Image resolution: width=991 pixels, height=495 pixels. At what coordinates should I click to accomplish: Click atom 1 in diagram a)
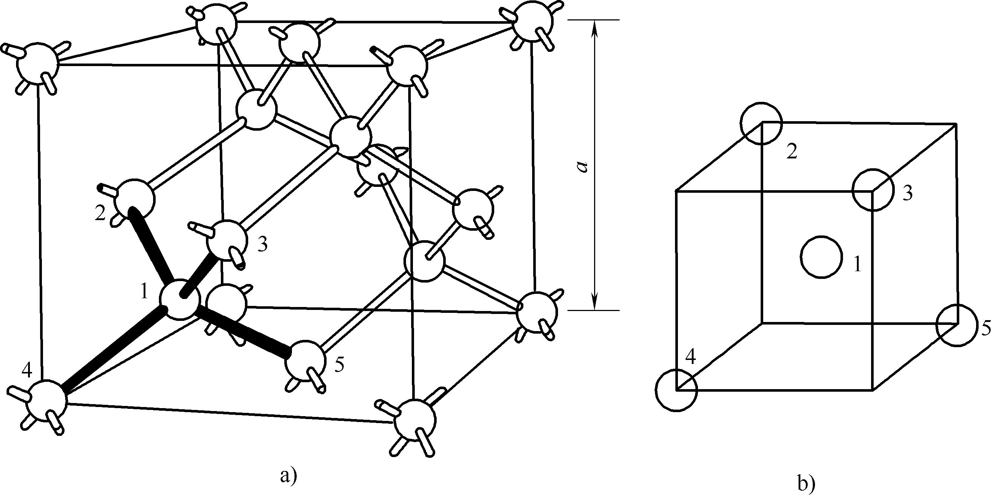(180, 299)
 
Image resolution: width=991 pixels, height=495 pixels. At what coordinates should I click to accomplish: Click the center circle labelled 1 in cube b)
(822, 257)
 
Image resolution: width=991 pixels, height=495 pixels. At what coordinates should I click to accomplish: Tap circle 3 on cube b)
(873, 190)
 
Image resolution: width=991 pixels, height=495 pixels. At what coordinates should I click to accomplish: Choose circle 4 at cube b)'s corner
(676, 390)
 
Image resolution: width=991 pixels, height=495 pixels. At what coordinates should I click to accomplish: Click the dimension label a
(583, 166)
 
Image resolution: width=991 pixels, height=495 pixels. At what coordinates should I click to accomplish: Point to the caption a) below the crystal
(289, 476)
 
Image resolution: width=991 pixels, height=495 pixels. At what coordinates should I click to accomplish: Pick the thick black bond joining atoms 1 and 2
(151, 246)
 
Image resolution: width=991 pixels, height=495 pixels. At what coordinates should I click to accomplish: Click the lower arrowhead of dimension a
(595, 302)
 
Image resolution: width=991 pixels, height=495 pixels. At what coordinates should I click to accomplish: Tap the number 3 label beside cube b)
(907, 193)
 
